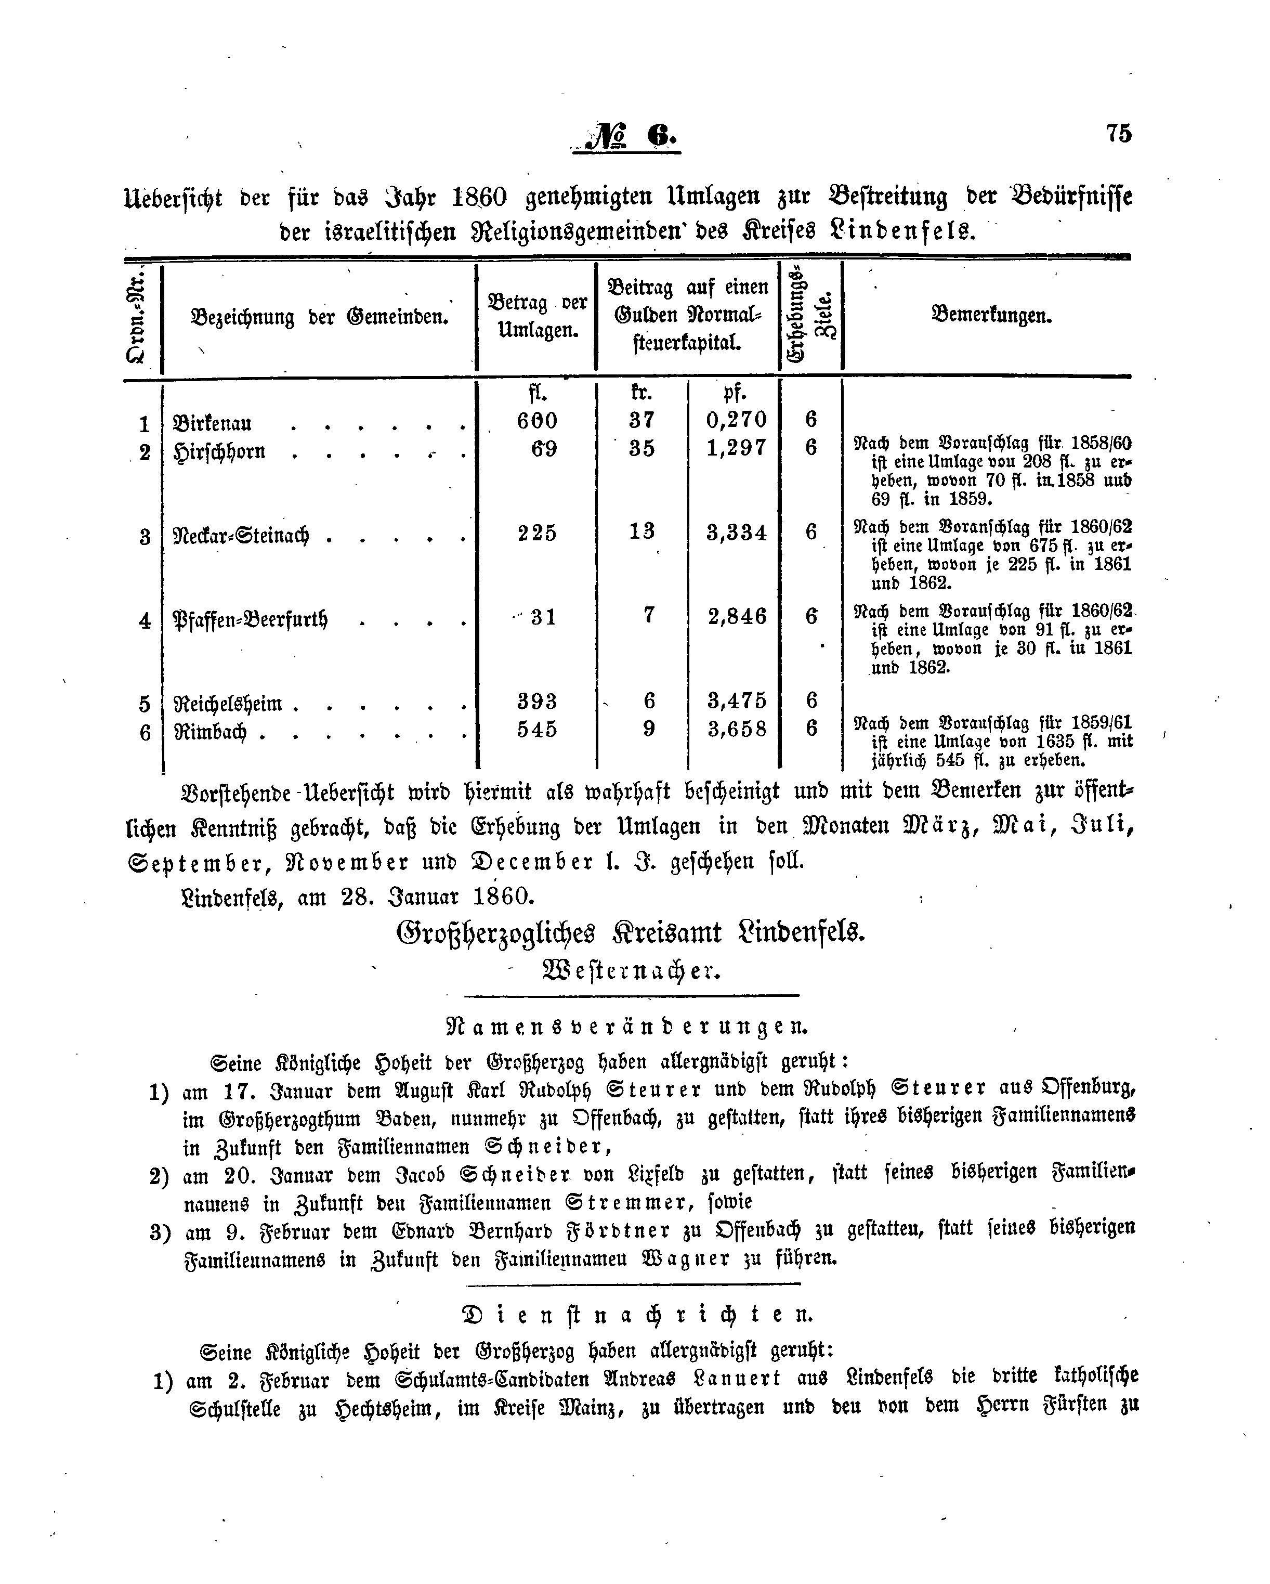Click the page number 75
(x=1118, y=133)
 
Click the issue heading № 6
(x=628, y=136)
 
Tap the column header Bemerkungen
(x=991, y=316)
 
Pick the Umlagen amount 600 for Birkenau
(x=537, y=420)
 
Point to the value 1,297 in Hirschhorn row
(x=736, y=448)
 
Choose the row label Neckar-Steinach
(x=240, y=536)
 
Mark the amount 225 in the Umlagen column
(x=537, y=533)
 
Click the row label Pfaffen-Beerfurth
(x=250, y=619)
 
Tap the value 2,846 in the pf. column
(x=737, y=616)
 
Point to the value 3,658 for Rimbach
(x=737, y=729)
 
